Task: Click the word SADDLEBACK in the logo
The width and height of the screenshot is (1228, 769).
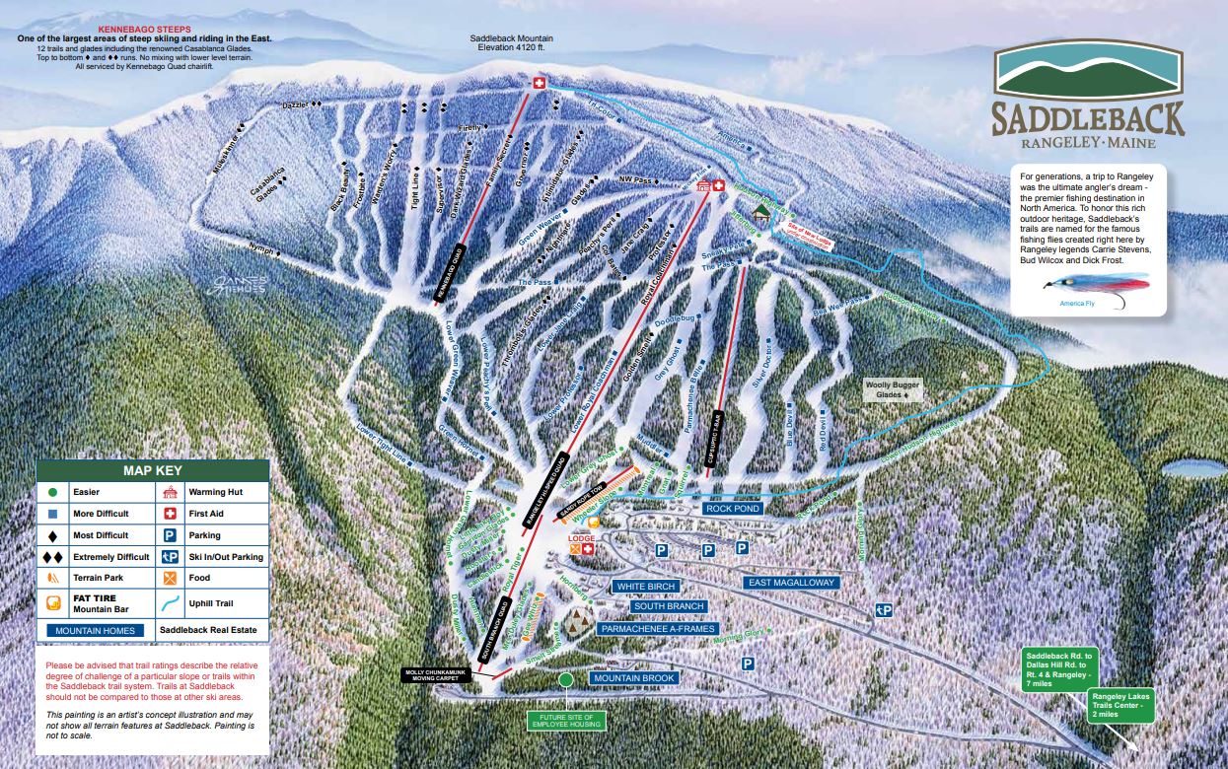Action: coord(1088,118)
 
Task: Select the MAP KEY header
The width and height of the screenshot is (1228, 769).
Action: coord(152,470)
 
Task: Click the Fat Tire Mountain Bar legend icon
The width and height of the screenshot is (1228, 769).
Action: coord(53,602)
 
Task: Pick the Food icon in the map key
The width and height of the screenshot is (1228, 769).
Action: coord(170,578)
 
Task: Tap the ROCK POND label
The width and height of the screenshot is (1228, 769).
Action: coord(732,509)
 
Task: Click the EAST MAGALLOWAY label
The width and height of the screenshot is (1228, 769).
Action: coord(792,583)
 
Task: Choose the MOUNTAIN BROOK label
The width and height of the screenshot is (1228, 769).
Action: coord(632,678)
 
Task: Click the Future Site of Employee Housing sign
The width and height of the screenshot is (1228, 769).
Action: coord(565,721)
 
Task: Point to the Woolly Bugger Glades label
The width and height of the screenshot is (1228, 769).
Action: coord(892,389)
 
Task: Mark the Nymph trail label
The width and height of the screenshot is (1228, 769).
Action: coord(261,251)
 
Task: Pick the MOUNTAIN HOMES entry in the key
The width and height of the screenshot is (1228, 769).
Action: coord(93,630)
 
